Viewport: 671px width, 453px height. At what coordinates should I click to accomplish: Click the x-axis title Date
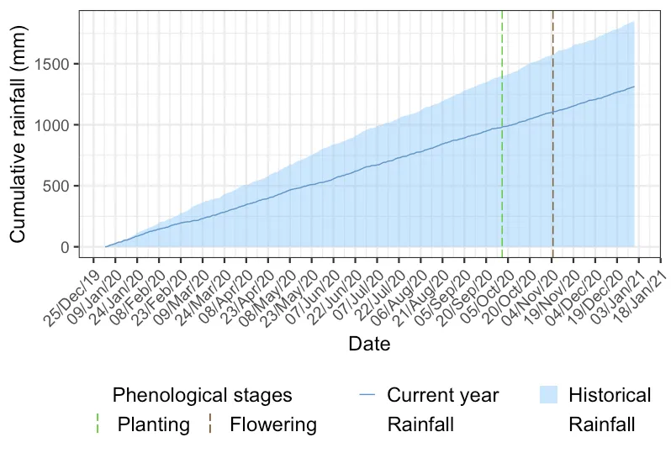[368, 344]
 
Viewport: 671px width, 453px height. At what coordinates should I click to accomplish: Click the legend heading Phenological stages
[202, 395]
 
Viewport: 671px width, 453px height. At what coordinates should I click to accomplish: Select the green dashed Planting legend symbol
[98, 424]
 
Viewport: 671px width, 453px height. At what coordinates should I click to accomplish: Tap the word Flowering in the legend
[273, 424]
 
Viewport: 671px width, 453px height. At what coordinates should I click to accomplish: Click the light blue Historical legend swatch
[547, 395]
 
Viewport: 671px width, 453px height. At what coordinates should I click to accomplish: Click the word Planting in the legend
[153, 424]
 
